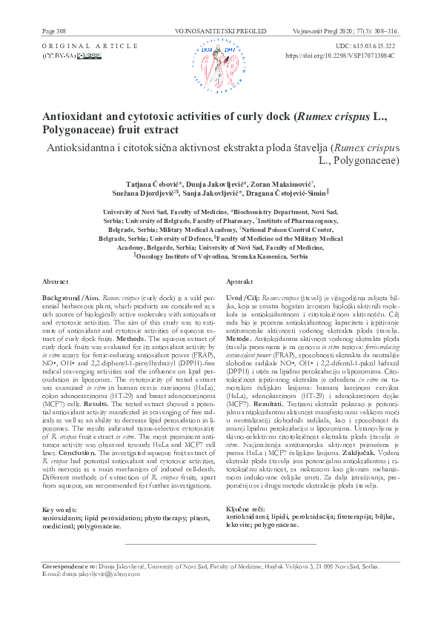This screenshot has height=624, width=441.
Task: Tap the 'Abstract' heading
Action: (56, 282)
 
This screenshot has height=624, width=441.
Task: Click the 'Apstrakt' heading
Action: (239, 282)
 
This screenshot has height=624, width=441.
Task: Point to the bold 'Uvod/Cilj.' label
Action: (243, 296)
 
